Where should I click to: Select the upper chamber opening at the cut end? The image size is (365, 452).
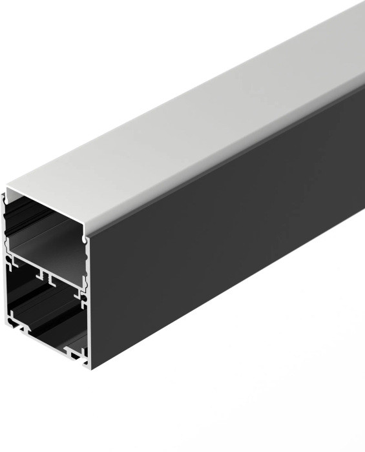pyautogui.click(x=45, y=226)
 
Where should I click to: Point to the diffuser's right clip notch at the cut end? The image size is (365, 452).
pyautogui.click(x=85, y=240)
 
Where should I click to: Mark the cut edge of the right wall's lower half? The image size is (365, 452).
pyautogui.click(x=89, y=323)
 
